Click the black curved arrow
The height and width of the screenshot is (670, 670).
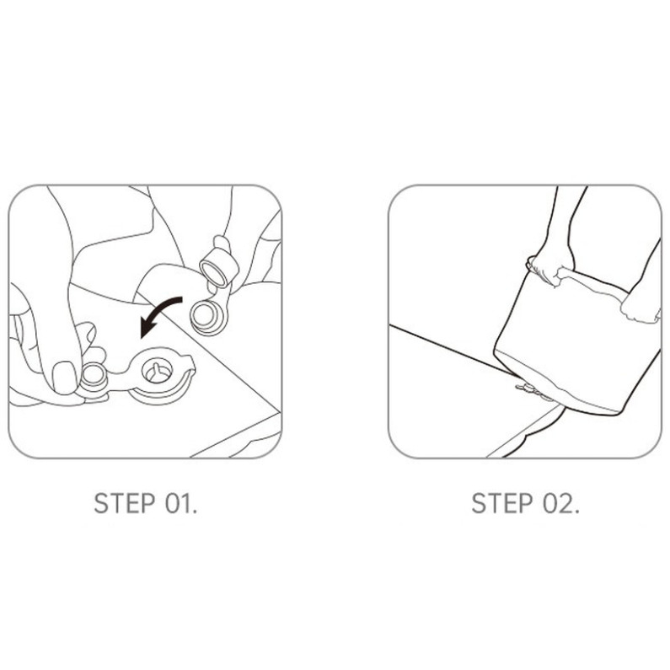coord(160,311)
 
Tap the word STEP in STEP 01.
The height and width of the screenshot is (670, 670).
coord(125,503)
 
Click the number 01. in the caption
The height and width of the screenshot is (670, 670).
coord(180,503)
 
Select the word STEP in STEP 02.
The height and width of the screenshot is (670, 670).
coord(502,503)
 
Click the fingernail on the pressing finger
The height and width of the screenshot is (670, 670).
coord(64,377)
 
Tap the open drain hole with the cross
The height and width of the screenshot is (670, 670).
coord(157,370)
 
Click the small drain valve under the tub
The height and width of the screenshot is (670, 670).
coord(530,389)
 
